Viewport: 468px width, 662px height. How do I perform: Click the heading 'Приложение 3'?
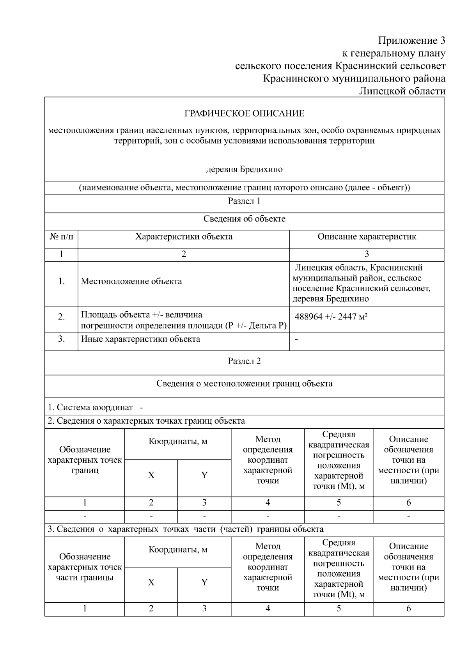click(x=411, y=41)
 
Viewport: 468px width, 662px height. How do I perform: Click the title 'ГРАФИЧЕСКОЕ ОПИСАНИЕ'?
click(x=244, y=114)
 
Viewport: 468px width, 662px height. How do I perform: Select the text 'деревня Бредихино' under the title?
click(x=244, y=169)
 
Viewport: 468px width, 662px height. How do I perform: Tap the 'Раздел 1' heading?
click(x=244, y=201)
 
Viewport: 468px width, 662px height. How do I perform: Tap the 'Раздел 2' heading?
click(x=244, y=361)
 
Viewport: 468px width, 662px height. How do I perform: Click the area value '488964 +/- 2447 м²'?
click(x=331, y=316)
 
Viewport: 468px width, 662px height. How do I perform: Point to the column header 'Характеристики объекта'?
click(x=184, y=236)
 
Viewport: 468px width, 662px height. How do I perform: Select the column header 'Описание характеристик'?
click(x=367, y=236)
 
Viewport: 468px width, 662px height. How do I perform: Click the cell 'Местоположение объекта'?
click(x=131, y=281)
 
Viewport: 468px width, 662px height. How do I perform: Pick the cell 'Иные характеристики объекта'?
click(x=140, y=339)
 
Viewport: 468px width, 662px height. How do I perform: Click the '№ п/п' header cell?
click(x=61, y=236)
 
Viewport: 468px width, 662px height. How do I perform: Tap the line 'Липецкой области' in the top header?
click(x=402, y=91)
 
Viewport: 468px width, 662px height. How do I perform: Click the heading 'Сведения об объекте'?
click(x=244, y=219)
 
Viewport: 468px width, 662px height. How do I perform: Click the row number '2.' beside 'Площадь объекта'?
click(x=61, y=317)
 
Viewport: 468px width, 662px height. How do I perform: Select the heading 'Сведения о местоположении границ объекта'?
click(x=244, y=383)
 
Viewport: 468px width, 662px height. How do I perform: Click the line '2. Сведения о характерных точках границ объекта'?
click(x=146, y=421)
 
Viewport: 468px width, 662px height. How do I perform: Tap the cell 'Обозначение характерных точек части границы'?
click(x=85, y=567)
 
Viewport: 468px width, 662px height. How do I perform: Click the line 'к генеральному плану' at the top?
click(x=394, y=53)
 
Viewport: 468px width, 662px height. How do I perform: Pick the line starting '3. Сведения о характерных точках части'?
click(x=185, y=529)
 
